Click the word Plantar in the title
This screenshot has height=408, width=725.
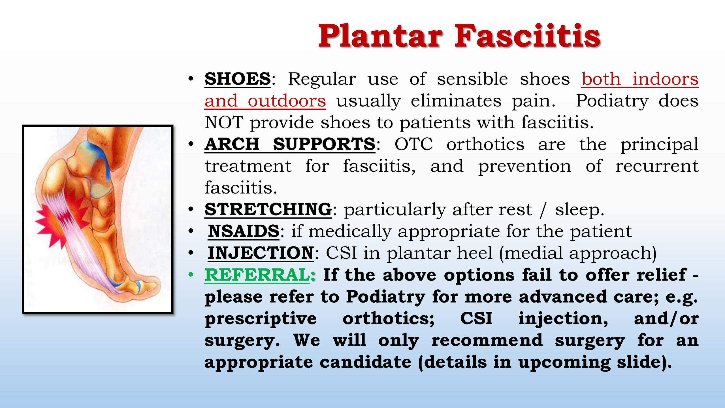pos(380,36)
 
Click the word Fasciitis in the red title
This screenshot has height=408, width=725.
pos(527,36)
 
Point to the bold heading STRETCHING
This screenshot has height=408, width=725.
pos(268,209)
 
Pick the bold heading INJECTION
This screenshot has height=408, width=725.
pos(261,253)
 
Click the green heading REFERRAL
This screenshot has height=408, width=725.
pos(257,275)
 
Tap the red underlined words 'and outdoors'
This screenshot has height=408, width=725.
pos(265,101)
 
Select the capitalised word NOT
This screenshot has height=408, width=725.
pos(224,122)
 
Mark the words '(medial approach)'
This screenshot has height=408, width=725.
pos(578,253)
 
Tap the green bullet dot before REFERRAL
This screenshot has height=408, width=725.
pos(191,275)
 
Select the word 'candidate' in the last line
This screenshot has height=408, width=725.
pos(365,362)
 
